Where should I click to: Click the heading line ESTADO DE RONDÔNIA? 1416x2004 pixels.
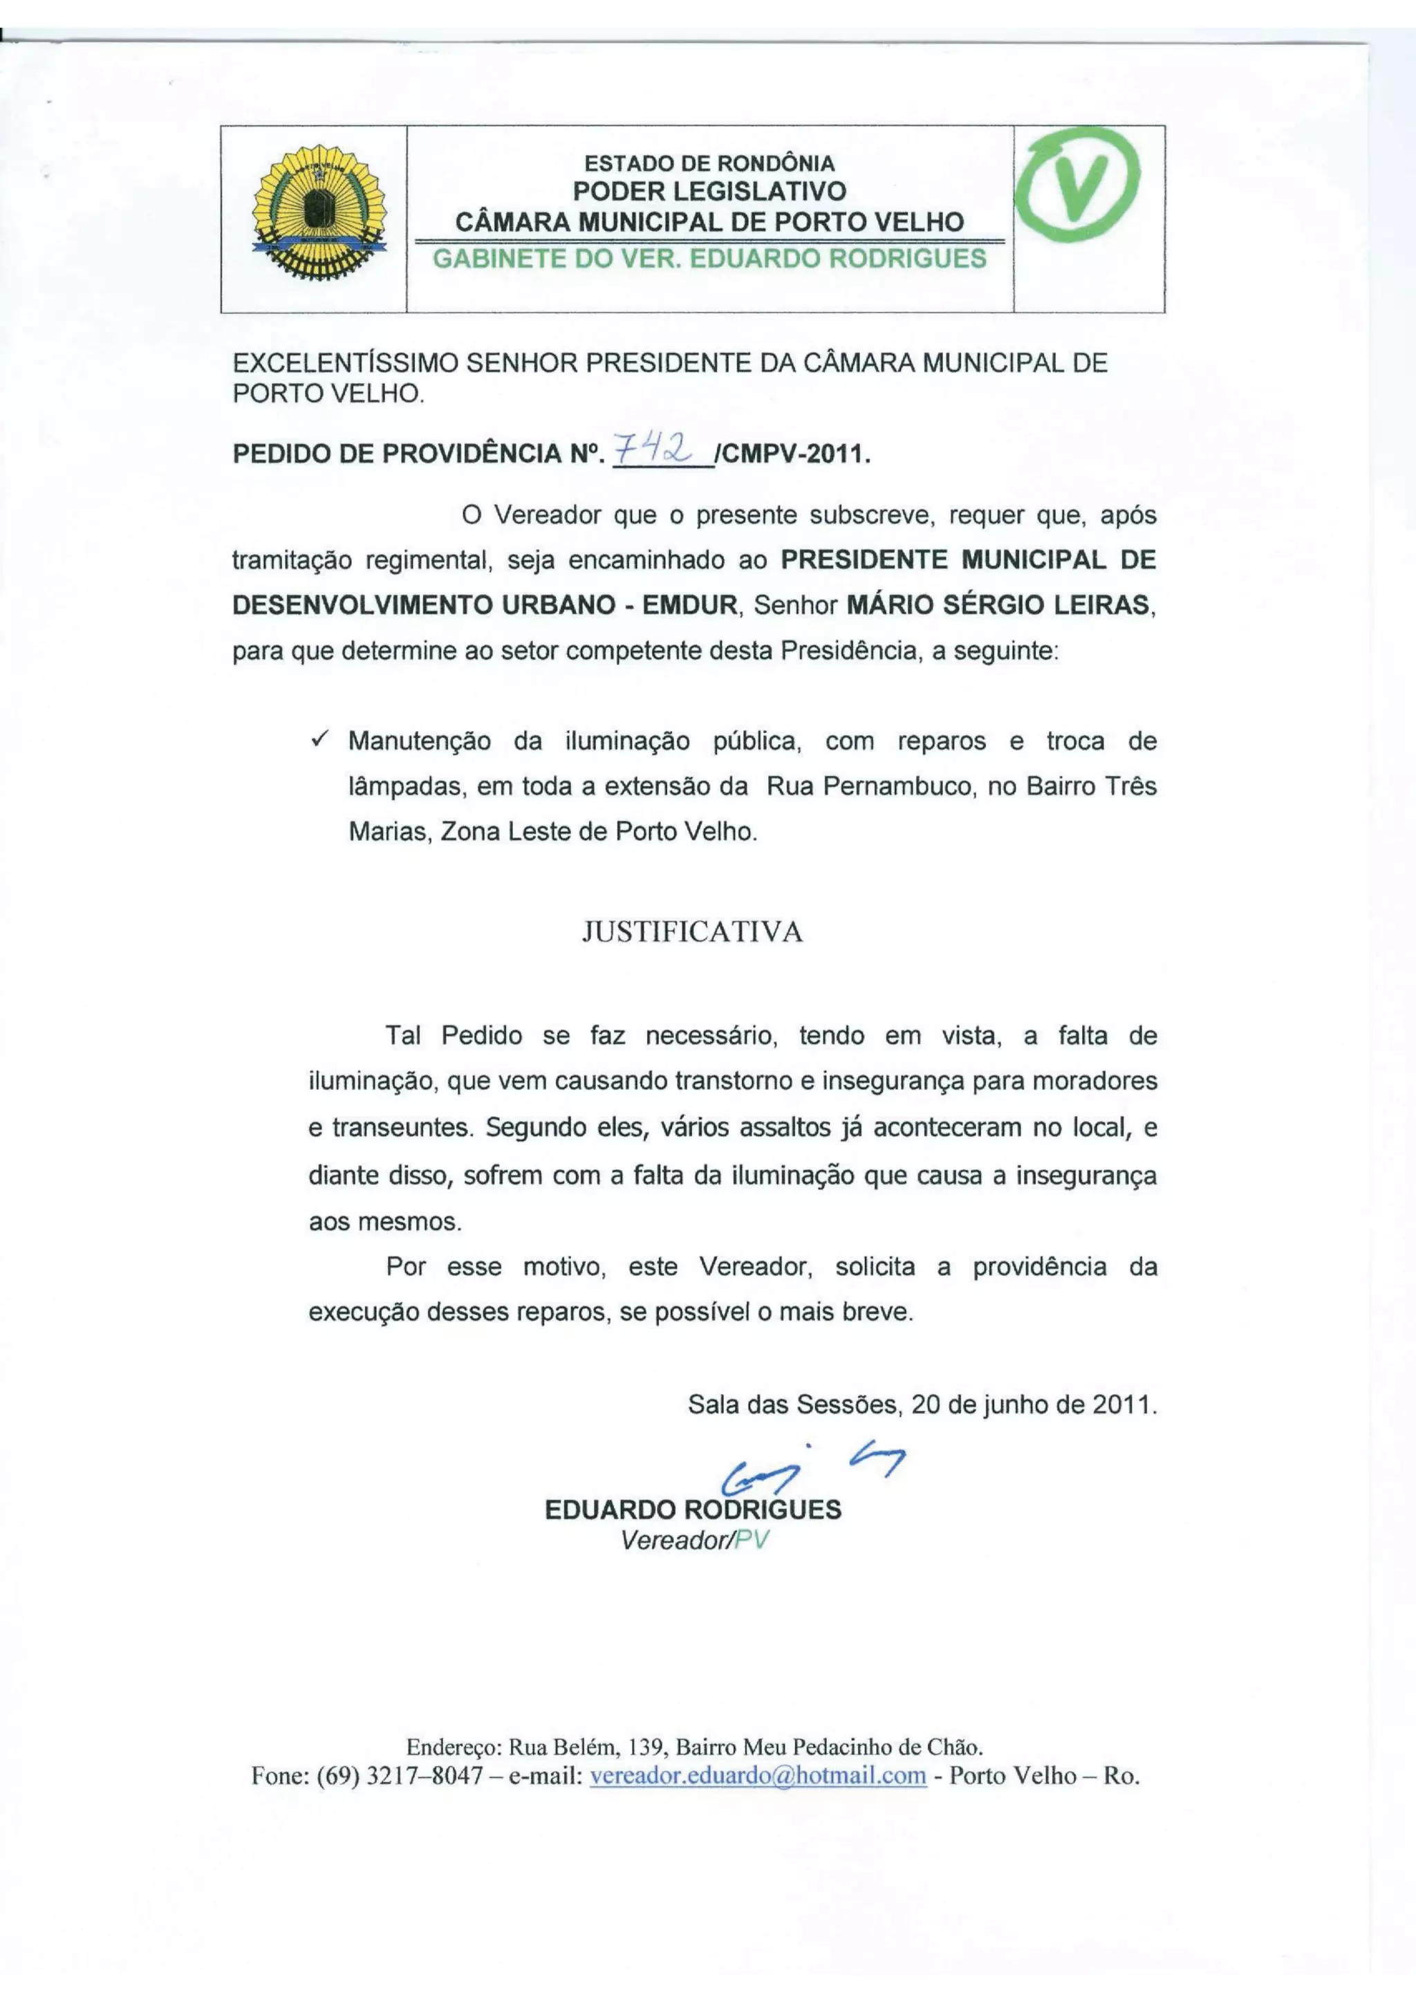point(709,163)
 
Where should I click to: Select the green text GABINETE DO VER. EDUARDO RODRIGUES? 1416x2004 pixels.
point(709,259)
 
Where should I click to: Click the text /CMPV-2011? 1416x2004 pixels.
point(792,454)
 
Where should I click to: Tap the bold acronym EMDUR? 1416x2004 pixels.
point(689,605)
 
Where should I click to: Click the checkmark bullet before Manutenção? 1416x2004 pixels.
point(319,740)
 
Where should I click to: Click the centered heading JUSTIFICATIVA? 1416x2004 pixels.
point(692,932)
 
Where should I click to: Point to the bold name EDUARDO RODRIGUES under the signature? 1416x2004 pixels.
point(693,1509)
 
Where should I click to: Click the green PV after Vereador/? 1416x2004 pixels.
point(752,1540)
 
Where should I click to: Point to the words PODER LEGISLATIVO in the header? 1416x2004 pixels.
point(709,191)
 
